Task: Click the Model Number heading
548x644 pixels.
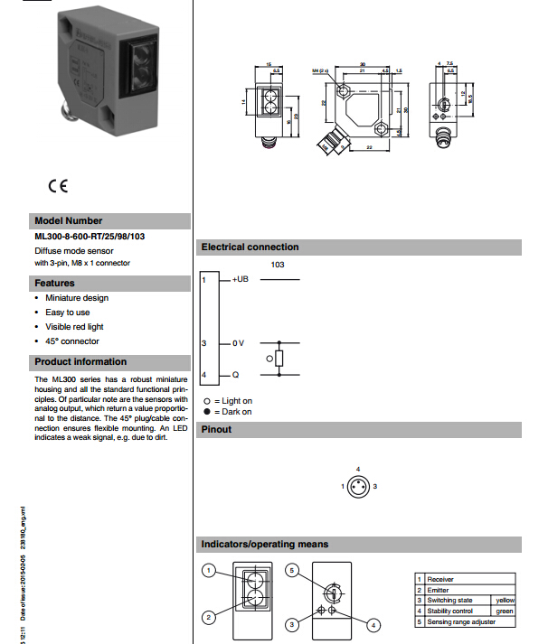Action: tap(69, 221)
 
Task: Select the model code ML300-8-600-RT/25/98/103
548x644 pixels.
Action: tap(90, 237)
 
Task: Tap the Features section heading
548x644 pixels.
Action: tap(54, 283)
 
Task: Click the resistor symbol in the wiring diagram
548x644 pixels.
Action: tap(279, 359)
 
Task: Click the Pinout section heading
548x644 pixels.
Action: tap(216, 429)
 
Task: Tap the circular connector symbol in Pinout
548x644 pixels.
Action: tap(358, 486)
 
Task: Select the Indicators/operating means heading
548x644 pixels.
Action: tap(265, 544)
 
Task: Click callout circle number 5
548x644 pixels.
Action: tap(291, 571)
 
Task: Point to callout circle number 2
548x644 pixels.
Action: tap(208, 618)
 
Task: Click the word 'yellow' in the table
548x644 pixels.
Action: tap(504, 600)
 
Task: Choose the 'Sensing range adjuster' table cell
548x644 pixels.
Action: tap(460, 621)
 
